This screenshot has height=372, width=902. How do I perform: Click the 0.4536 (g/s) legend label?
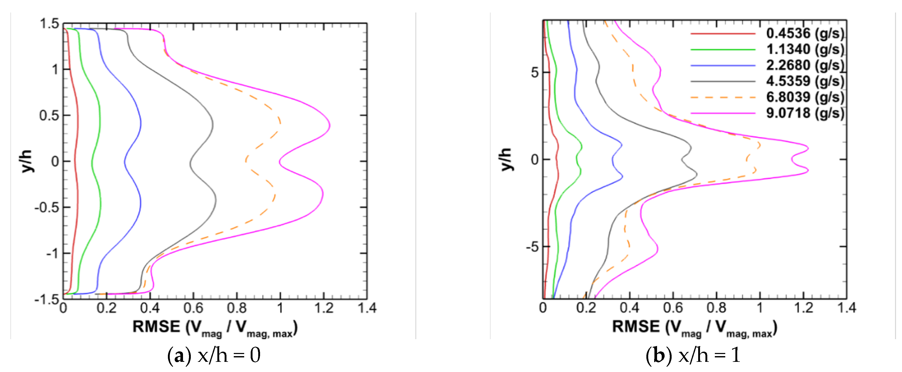[x=805, y=33]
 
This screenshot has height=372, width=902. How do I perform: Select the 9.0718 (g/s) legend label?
[x=805, y=113]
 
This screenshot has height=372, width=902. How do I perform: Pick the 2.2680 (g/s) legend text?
[x=805, y=65]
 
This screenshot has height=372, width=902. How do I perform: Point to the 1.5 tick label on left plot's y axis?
[x=49, y=24]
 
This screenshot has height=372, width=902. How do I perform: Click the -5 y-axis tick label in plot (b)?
[x=532, y=247]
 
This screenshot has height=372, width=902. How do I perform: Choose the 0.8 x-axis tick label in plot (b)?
[x=716, y=308]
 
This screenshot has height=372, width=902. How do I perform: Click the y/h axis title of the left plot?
[x=27, y=161]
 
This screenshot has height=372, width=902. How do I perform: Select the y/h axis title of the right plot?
[x=506, y=160]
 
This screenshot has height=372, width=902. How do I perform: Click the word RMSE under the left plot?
[x=156, y=327]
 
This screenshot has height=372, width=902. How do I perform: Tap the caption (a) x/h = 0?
[x=214, y=355]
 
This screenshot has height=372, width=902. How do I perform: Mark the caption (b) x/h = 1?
[x=693, y=355]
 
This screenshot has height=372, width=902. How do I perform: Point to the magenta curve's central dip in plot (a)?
[x=280, y=162]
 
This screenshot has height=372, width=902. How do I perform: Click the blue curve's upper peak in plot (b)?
[x=622, y=144]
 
